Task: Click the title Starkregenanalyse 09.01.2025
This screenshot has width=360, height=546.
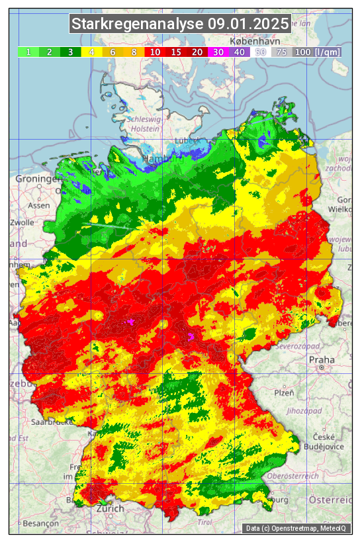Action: pyautogui.click(x=180, y=24)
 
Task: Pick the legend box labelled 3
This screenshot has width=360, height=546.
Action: pyautogui.click(x=70, y=52)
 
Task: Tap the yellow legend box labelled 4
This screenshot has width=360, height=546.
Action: pyautogui.click(x=91, y=52)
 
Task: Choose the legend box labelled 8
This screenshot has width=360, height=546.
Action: pyautogui.click(x=134, y=52)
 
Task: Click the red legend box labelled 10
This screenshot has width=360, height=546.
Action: pyautogui.click(x=155, y=52)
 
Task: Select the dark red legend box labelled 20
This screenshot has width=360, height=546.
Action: pyautogui.click(x=197, y=52)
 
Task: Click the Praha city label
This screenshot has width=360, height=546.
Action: pyautogui.click(x=322, y=359)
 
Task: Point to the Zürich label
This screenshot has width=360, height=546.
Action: pyautogui.click(x=110, y=508)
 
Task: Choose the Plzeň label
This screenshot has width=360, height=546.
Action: pyautogui.click(x=284, y=392)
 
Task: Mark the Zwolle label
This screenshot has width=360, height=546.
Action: pyautogui.click(x=22, y=223)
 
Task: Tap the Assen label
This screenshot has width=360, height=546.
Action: pyautogui.click(x=38, y=205)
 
